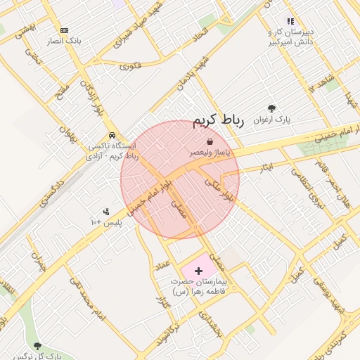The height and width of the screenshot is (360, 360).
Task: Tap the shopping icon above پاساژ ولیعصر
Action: point(209,142)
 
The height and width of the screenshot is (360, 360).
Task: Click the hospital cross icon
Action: point(198,270)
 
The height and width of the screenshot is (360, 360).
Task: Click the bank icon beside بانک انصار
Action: point(65,30)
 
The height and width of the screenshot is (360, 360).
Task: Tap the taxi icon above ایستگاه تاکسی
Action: point(112,136)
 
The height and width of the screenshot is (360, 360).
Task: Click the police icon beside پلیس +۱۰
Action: point(105,211)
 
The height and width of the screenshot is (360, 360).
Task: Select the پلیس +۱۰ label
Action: point(106,222)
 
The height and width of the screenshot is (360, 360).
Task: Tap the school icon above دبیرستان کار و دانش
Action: point(290,22)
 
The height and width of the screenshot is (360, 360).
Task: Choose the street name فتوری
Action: point(129,66)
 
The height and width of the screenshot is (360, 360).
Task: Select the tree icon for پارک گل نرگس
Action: point(37,345)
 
